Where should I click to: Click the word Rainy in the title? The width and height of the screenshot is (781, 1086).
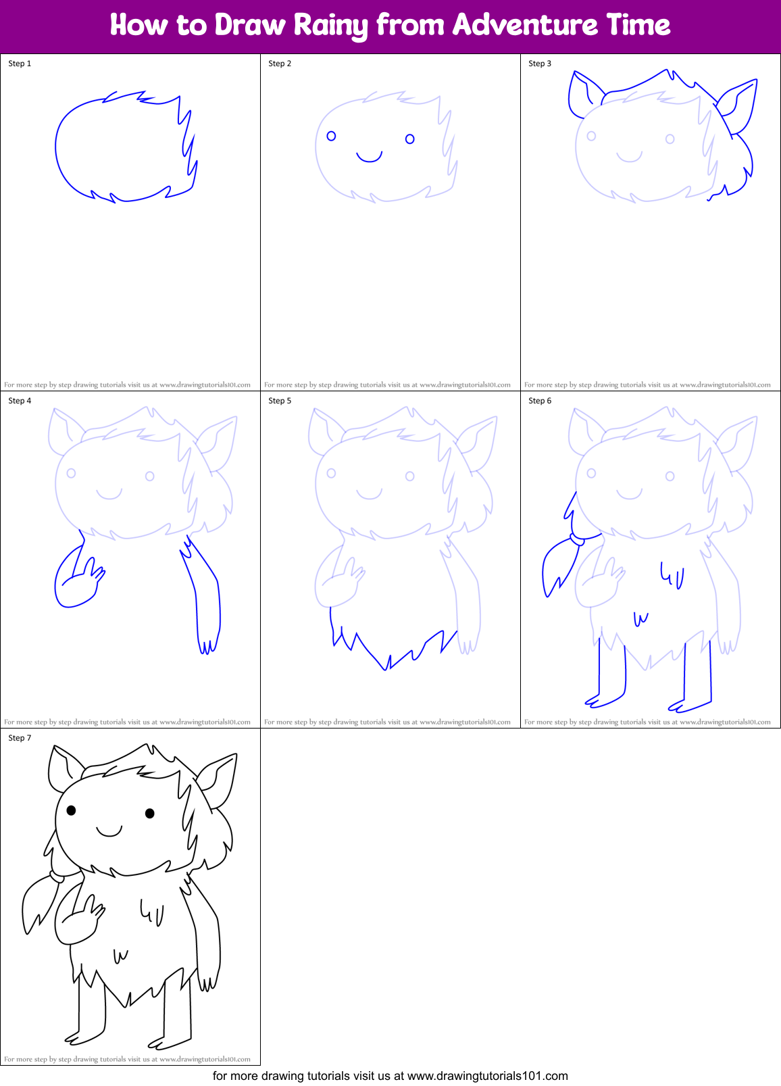coord(331,26)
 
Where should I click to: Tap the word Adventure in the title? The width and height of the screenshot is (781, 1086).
coord(526,26)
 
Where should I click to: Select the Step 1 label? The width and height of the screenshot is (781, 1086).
coord(20,64)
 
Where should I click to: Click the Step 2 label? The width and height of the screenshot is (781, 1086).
coord(280,64)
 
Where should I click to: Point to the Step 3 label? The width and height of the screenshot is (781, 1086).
coord(540,64)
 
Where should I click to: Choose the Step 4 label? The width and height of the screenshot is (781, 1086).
coord(20,401)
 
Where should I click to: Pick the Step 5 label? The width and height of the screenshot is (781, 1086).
coord(280,401)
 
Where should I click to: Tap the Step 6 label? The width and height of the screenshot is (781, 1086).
coord(540,401)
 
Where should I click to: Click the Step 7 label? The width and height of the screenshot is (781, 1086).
coord(20,738)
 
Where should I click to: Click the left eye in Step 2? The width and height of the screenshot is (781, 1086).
coord(331,136)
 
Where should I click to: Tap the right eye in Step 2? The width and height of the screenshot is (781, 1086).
coord(409,139)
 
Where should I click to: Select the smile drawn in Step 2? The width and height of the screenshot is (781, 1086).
coord(370,157)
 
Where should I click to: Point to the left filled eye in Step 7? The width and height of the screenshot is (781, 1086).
coord(71,810)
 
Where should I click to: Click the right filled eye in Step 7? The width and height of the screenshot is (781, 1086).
coord(150,813)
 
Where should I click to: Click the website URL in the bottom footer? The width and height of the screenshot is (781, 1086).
coord(487,1076)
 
